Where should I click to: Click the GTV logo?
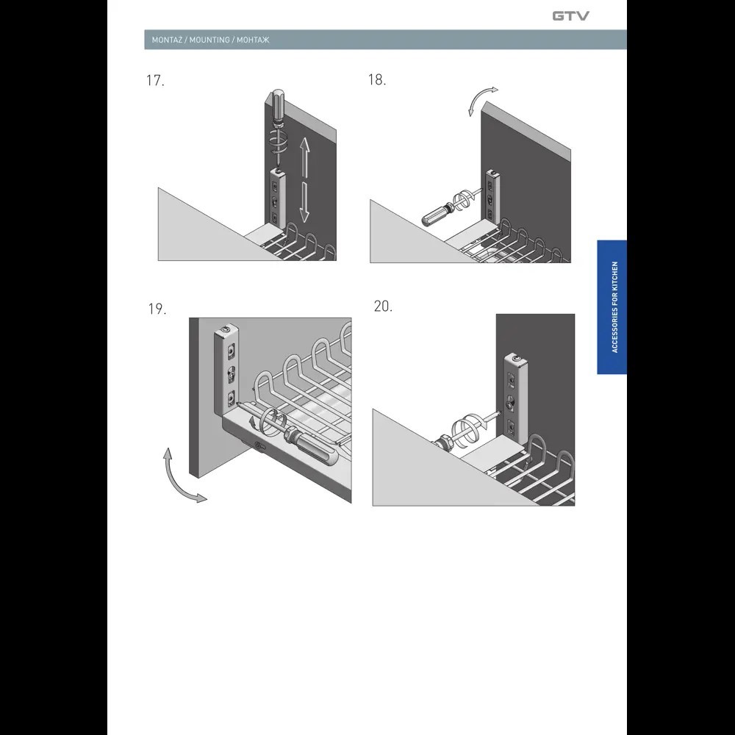[x=570, y=16]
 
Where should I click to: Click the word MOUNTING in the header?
[x=209, y=40]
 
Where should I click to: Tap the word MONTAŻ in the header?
[x=167, y=40]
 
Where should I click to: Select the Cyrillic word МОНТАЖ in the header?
[x=253, y=40]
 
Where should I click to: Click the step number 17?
[x=155, y=81]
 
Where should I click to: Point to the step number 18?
[x=377, y=79]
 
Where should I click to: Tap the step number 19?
[x=157, y=309]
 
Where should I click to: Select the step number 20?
[x=383, y=306]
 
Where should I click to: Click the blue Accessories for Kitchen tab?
[x=612, y=307]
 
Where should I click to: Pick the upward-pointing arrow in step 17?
[x=305, y=157]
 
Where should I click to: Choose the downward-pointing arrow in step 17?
[x=305, y=202]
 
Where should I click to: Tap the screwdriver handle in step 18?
[x=434, y=215]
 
